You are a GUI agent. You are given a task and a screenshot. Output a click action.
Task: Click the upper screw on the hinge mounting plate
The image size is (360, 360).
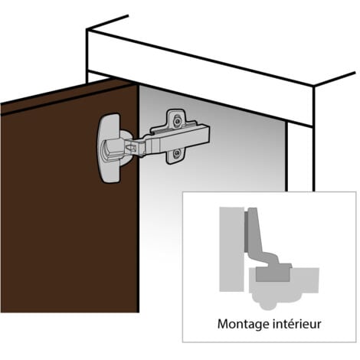pyautogui.click(x=177, y=121)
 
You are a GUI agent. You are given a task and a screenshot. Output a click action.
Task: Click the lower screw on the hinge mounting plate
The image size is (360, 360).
pyautogui.click(x=177, y=153)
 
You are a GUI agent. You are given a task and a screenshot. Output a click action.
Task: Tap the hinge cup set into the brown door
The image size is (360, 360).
pyautogui.click(x=110, y=148)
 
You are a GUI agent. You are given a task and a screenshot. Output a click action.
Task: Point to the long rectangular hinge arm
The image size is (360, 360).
pyautogui.click(x=178, y=139)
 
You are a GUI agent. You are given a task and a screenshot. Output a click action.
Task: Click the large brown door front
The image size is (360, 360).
pyautogui.click(x=70, y=205)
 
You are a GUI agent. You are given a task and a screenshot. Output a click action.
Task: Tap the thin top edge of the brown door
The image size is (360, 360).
pyautogui.click(x=67, y=95)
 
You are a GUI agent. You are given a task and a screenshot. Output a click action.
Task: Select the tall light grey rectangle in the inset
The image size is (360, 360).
pyautogui.click(x=231, y=249)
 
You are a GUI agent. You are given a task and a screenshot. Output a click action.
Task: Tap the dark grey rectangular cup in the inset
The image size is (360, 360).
pyautogui.click(x=273, y=274)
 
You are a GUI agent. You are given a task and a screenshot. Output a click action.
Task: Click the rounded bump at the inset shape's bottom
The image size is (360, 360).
pyautogui.click(x=267, y=304)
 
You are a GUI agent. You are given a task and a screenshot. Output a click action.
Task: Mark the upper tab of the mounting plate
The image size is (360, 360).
pyautogui.click(x=177, y=118)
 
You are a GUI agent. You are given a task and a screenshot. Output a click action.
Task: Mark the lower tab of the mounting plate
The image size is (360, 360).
pyautogui.click(x=177, y=156)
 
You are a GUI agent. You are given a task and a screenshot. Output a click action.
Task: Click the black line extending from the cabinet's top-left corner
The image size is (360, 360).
pyautogui.click(x=107, y=22)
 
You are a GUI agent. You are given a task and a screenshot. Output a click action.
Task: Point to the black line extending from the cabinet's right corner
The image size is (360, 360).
pyautogui.click(x=335, y=79)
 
